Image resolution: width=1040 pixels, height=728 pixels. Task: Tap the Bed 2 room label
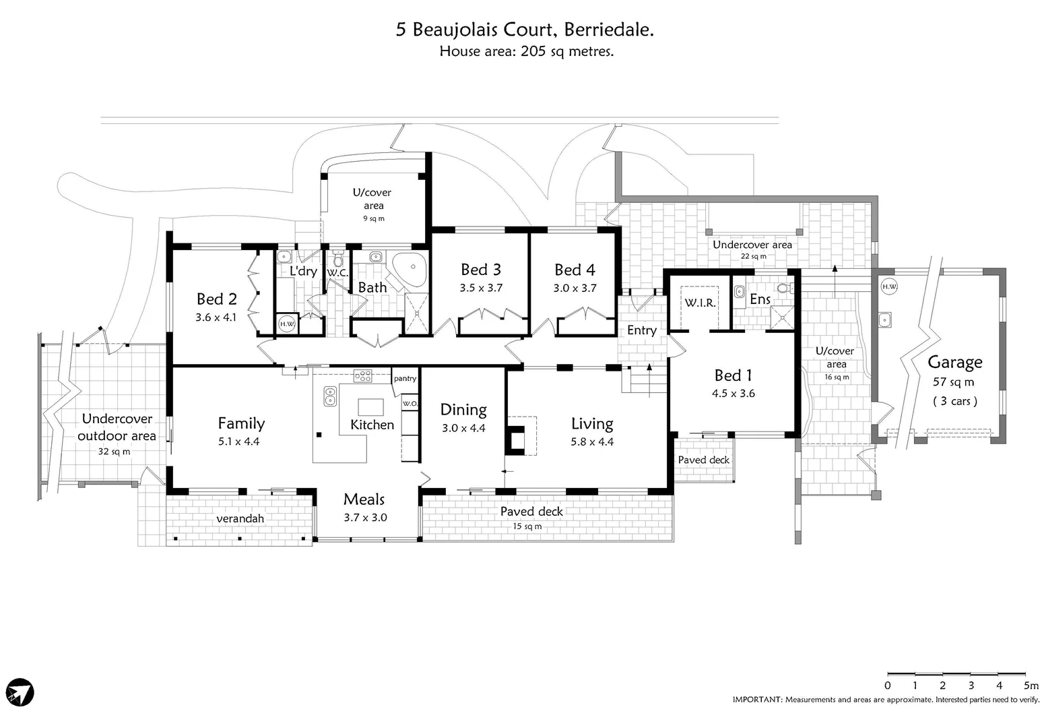pos(216,299)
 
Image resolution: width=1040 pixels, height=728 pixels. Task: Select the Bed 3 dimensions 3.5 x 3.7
pos(481,288)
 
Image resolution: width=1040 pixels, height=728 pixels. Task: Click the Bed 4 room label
pos(575,270)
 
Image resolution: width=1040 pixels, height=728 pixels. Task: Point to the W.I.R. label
pos(701,303)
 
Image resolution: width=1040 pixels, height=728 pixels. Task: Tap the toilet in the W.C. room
pos(338,258)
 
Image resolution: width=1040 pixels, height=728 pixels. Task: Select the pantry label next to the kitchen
pos(405,378)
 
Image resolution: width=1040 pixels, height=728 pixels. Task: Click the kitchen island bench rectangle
pos(370,407)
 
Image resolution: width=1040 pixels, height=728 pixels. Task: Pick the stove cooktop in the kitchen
pos(363,376)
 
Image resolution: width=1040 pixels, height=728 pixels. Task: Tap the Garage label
pos(954,362)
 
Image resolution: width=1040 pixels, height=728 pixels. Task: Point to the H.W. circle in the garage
pos(889,286)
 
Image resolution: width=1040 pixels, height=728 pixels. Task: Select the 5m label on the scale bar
pos(1030,686)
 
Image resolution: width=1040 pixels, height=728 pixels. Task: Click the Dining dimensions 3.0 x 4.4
pos(463,428)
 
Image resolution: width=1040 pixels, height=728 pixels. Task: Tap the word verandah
pos(240,518)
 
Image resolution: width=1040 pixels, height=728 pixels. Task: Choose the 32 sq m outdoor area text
pos(114,451)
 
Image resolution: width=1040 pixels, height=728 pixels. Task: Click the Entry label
pos(641,330)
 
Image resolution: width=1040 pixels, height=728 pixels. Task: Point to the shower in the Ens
pos(781,318)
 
